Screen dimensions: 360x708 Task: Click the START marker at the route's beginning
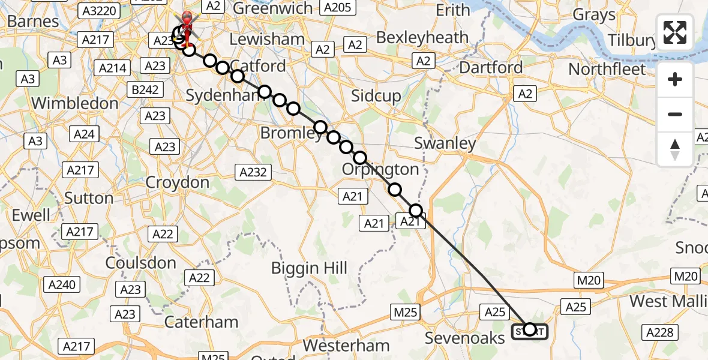(x=529, y=330)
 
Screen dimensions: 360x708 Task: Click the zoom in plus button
(x=675, y=80)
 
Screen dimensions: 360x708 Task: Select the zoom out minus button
(x=675, y=114)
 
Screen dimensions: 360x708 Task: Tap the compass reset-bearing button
(x=675, y=149)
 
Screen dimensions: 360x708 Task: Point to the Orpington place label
(x=380, y=169)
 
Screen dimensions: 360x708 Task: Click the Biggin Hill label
(x=309, y=268)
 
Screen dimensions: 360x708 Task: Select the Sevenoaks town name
(x=465, y=338)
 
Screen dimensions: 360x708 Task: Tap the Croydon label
(x=178, y=182)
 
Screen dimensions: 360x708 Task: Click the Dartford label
(x=491, y=67)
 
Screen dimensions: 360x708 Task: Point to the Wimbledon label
(x=74, y=103)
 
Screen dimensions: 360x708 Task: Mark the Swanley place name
(x=445, y=143)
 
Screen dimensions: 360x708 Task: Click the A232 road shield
(x=253, y=173)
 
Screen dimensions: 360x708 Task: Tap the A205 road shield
(x=337, y=7)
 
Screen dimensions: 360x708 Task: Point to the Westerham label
(x=346, y=346)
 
